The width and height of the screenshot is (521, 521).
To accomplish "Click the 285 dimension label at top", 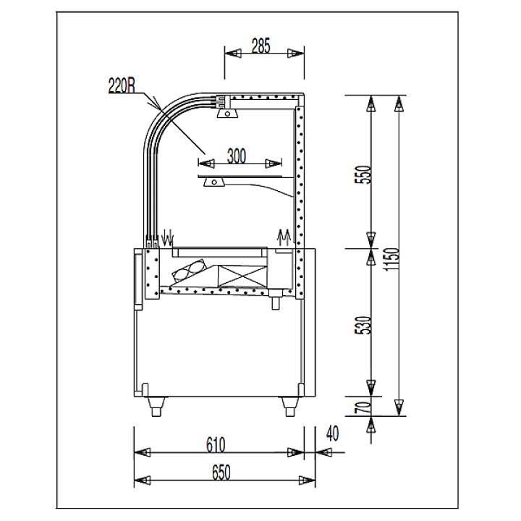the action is tap(260, 46).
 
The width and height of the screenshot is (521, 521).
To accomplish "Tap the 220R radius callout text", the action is tap(122, 85).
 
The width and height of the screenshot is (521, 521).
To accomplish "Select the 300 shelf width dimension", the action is tap(237, 156).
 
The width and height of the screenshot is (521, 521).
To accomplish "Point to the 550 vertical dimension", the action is tap(363, 174).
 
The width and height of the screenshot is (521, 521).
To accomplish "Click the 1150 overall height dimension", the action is tap(391, 259).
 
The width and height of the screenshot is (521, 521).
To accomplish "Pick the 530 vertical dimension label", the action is tap(363, 325).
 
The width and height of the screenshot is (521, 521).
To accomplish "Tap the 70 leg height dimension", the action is tap(363, 407).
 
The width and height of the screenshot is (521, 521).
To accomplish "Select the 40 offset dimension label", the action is tap(333, 433).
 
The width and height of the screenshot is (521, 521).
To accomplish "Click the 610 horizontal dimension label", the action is tap(216, 445).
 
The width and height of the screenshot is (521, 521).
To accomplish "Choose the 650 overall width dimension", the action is tap(221, 473).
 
